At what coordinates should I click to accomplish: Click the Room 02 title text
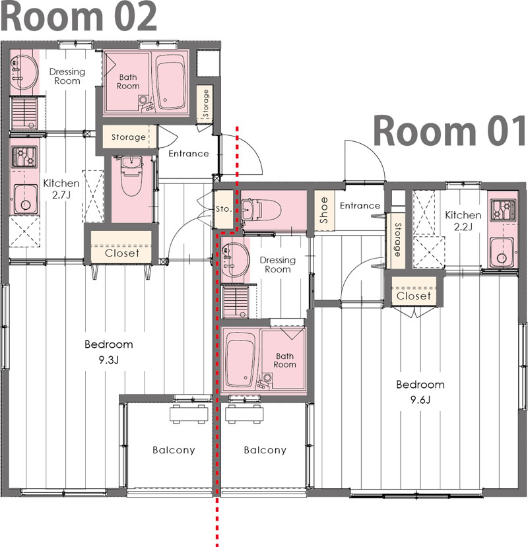[x=79, y=17]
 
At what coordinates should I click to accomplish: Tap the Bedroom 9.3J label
[x=108, y=352]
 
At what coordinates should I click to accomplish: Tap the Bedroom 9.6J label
[x=420, y=392]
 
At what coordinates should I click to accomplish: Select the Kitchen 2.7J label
[x=61, y=189]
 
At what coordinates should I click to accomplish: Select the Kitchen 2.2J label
[x=463, y=221]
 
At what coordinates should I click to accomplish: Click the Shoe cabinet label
[x=323, y=210]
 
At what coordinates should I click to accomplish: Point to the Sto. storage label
[x=223, y=209]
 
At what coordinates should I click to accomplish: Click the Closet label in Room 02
[x=122, y=253]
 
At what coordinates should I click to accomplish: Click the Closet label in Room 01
[x=414, y=296]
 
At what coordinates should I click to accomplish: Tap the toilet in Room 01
[x=265, y=210]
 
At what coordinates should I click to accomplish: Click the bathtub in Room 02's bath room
[x=172, y=80]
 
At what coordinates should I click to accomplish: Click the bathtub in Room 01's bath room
[x=242, y=361]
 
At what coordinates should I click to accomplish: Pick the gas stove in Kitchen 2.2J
[x=503, y=209]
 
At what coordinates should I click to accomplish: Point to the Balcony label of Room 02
[x=174, y=451]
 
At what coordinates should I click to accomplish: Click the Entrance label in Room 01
[x=360, y=206]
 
